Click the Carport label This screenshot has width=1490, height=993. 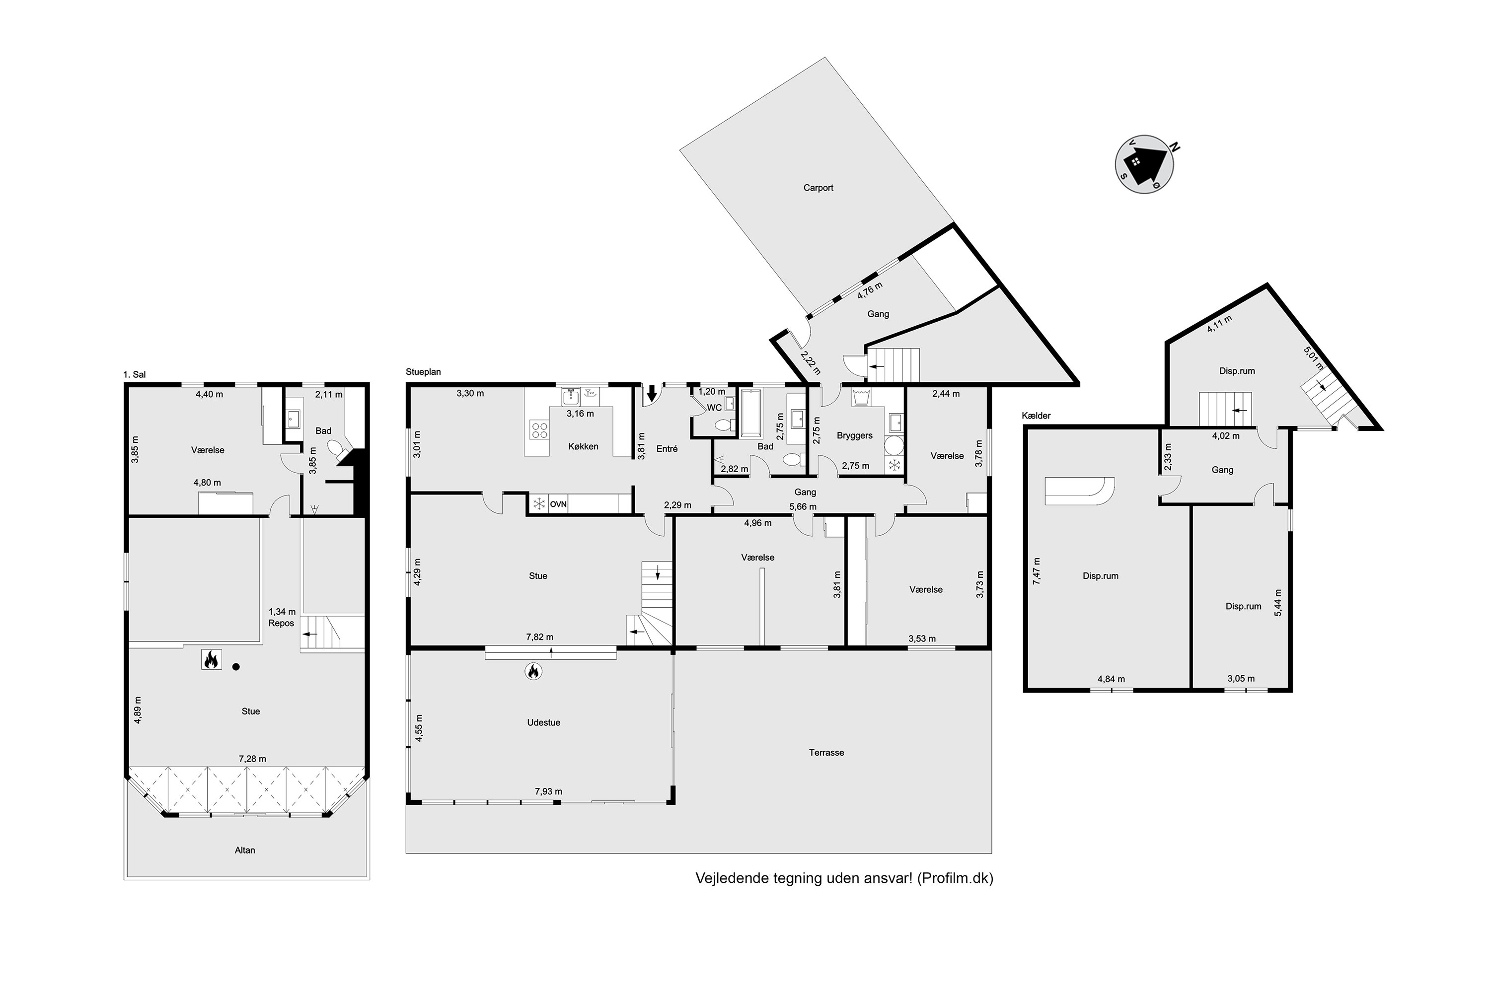(818, 188)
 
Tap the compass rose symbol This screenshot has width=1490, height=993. (1144, 164)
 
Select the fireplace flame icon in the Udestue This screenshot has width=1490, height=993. (533, 671)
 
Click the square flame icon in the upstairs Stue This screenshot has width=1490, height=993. (211, 660)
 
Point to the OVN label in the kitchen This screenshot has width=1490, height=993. (558, 504)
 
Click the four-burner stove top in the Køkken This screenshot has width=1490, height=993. (540, 430)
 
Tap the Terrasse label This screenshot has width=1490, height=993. (826, 752)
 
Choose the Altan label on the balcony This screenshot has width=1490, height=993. (244, 850)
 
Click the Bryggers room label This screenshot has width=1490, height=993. (855, 436)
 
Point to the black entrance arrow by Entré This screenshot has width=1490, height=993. (651, 393)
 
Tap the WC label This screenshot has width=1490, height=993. (714, 408)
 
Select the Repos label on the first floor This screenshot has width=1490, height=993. (281, 623)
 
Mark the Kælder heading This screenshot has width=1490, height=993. (1036, 416)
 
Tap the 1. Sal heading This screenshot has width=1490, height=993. (134, 374)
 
